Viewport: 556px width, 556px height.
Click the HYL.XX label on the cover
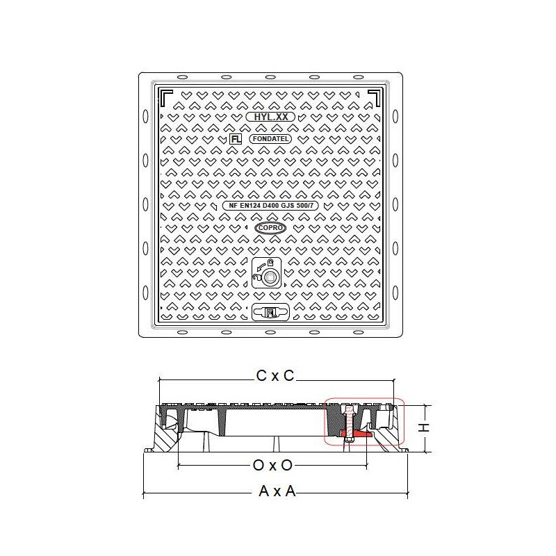[270, 117]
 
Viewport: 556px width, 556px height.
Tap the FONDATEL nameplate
[270, 138]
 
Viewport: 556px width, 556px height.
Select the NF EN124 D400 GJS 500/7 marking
[270, 206]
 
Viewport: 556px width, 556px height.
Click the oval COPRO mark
[270, 228]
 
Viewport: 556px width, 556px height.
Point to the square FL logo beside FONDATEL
[236, 138]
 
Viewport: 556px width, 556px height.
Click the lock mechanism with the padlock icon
[267, 272]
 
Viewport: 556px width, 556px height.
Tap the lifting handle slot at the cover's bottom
[270, 312]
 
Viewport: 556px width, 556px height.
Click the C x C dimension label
[275, 376]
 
